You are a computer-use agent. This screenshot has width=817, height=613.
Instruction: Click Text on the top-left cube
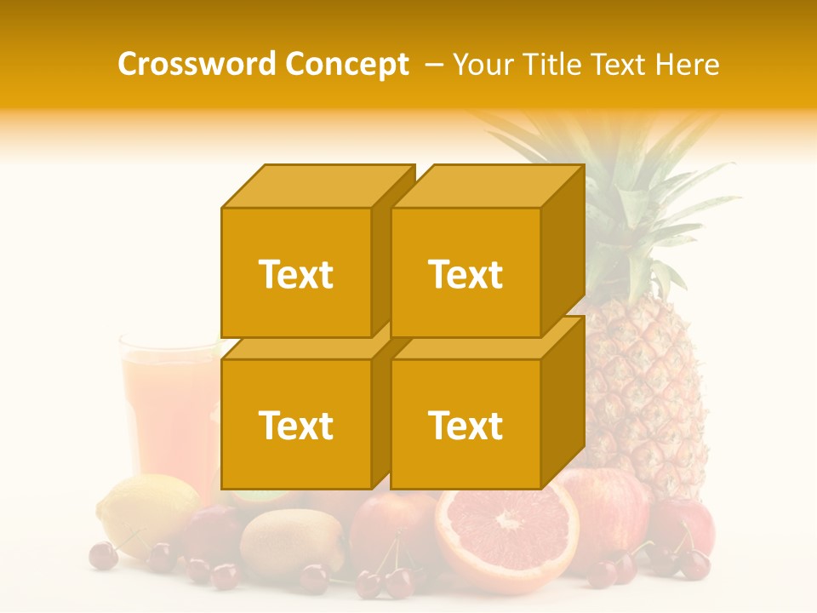(x=295, y=274)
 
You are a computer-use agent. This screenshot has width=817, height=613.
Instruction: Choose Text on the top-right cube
(x=466, y=274)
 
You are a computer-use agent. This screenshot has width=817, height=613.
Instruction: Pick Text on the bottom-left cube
(x=295, y=425)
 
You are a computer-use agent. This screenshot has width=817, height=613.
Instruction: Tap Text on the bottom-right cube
(x=466, y=425)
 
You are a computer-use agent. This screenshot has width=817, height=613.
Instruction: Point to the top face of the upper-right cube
(x=487, y=186)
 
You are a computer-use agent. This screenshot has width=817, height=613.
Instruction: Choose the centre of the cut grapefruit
(x=508, y=521)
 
